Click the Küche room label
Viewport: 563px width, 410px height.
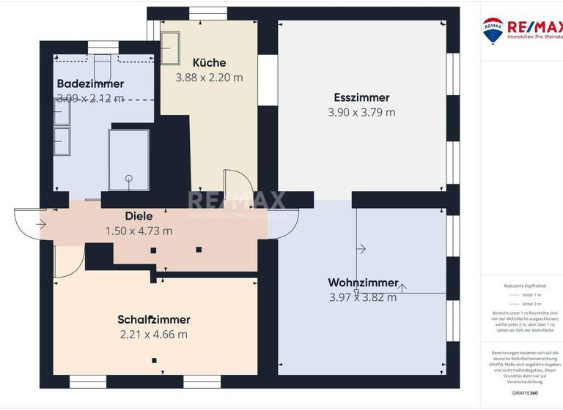click(x=209, y=63)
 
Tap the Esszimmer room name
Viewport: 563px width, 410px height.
click(x=361, y=97)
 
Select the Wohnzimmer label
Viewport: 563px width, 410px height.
click(x=363, y=283)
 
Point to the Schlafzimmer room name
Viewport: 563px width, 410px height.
click(x=154, y=320)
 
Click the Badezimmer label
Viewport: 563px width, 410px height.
click(x=90, y=83)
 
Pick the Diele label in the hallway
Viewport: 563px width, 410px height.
click(x=139, y=216)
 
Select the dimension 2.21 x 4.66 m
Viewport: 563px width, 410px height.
click(x=154, y=335)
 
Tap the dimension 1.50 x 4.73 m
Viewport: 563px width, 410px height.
click(x=139, y=231)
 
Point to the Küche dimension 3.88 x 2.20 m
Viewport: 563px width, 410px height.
click(x=209, y=77)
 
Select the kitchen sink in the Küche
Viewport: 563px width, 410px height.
click(x=172, y=48)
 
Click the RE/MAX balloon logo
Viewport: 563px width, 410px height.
click(x=492, y=30)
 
